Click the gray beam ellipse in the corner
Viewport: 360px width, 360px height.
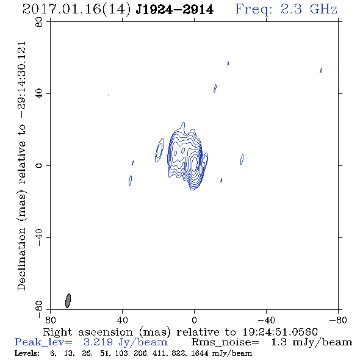point(68,301)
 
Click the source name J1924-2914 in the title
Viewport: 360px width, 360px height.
point(175,10)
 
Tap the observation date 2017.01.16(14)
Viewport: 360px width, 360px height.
point(76,10)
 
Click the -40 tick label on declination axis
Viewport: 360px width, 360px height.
point(39,237)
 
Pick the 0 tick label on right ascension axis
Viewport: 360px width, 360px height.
point(194,320)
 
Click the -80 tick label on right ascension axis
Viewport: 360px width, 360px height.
point(338,320)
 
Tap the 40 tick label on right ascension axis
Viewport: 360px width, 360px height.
point(122,320)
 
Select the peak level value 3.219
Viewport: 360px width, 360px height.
point(98,342)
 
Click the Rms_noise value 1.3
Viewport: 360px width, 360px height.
point(279,342)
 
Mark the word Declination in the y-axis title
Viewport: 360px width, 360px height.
point(21,259)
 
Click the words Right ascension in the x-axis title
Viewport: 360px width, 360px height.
point(88,332)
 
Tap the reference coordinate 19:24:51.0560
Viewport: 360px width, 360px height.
point(280,332)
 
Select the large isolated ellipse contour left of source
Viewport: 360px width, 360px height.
point(159,150)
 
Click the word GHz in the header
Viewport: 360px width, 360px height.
point(323,9)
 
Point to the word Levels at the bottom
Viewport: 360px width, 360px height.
point(27,353)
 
